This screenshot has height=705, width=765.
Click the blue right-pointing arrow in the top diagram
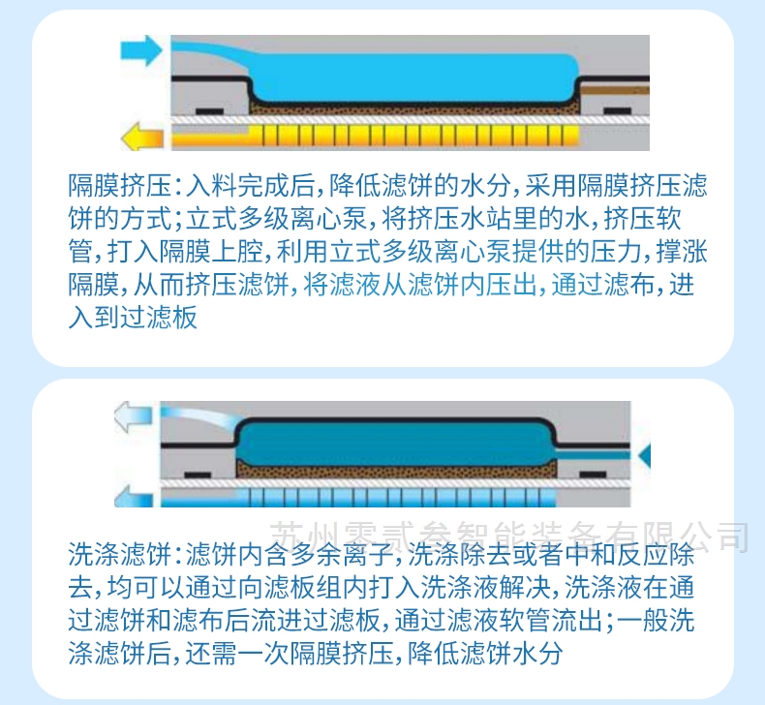click(141, 49)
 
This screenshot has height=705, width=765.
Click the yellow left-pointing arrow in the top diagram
click(142, 137)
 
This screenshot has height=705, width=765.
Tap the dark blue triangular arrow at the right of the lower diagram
click(645, 457)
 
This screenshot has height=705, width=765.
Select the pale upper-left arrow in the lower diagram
click(134, 416)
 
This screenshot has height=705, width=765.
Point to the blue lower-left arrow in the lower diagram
click(134, 496)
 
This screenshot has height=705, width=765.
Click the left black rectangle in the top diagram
click(210, 111)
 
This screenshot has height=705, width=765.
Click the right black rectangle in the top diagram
click(618, 111)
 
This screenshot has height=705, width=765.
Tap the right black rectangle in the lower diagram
click(593, 475)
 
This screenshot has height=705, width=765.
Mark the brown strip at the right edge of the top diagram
click(615, 90)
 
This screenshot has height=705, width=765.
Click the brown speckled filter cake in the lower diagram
click(396, 470)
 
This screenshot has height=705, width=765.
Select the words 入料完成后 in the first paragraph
click(250, 186)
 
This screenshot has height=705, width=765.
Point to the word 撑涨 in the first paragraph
click(682, 252)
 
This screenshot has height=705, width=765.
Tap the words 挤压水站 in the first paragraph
click(433, 219)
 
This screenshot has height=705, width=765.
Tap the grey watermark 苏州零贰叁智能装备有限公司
click(509, 536)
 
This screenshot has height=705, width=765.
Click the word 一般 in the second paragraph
click(643, 620)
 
